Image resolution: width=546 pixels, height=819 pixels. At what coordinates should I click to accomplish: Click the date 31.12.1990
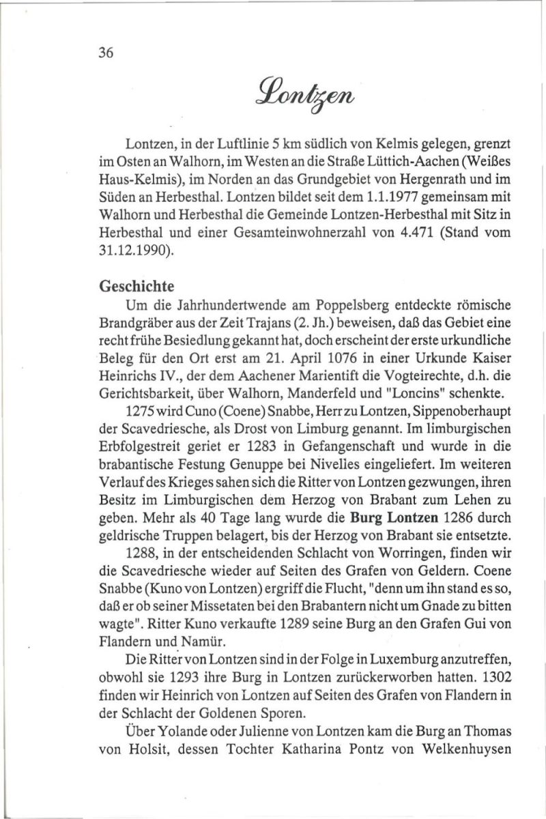coord(130,250)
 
